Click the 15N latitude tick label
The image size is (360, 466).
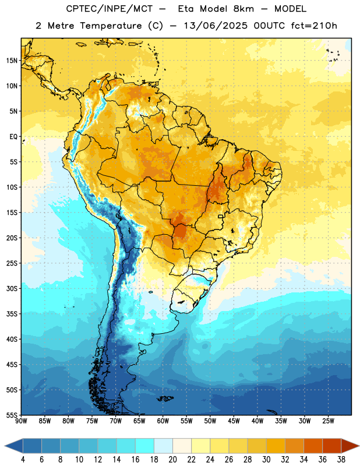(12, 61)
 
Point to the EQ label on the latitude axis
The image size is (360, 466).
(13, 137)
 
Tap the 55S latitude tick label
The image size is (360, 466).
(12, 415)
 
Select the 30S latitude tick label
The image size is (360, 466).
(12, 288)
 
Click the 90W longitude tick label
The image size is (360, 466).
(21, 421)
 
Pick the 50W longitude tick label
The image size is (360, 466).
(210, 421)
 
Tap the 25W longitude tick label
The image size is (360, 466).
(328, 421)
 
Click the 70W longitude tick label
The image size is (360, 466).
(116, 421)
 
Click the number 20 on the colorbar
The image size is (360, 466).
(172, 460)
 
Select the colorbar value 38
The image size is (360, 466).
(341, 460)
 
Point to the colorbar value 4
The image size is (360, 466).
(23, 460)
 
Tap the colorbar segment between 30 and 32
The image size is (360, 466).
(276, 446)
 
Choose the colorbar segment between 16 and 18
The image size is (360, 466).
(144, 446)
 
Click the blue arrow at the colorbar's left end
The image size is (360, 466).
(13, 446)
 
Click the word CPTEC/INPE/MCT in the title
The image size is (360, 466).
(109, 9)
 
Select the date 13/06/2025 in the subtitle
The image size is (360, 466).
(216, 26)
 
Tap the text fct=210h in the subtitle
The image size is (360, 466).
(314, 26)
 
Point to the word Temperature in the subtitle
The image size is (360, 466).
(111, 26)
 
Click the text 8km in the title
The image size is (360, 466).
(243, 9)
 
